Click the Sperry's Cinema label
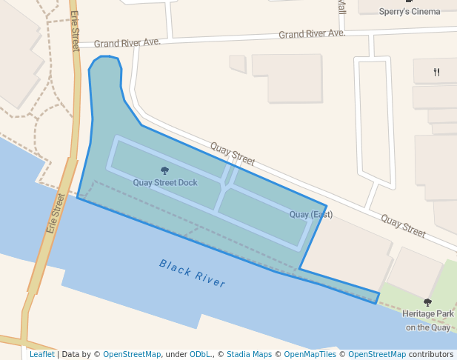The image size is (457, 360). [410, 11]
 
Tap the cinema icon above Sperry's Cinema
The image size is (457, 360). [410, 1]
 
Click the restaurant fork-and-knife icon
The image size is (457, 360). [437, 72]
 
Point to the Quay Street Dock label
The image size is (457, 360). [165, 182]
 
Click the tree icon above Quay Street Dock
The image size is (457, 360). [164, 171]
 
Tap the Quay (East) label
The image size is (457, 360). [311, 215]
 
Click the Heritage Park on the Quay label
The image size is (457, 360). [427, 321]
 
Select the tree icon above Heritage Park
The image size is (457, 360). [427, 302]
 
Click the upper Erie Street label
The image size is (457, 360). [75, 31]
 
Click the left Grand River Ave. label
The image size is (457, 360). [127, 43]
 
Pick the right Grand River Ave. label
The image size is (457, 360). [312, 34]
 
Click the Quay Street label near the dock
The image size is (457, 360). [232, 153]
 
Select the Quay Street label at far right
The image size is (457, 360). [403, 226]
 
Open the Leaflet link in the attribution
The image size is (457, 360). [41, 355]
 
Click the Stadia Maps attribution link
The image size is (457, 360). [249, 355]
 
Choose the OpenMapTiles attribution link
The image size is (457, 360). [310, 355]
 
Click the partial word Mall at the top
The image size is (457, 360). [341, 7]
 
